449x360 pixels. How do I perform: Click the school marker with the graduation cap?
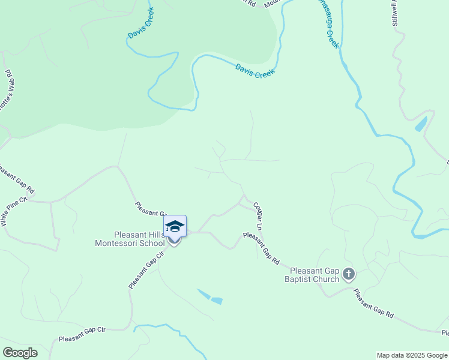[175, 227]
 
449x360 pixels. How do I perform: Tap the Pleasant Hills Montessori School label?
[130, 239]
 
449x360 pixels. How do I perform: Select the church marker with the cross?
[349, 275]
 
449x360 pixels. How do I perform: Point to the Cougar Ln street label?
[258, 216]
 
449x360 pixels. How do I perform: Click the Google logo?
[20, 353]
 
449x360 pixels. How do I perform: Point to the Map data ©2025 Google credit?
[411, 355]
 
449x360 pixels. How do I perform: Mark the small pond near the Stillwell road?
[421, 124]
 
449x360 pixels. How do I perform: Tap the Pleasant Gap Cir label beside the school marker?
[146, 270]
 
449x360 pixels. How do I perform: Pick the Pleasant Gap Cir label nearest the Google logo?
[82, 335]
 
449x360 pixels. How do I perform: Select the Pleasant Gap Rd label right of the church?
[373, 304]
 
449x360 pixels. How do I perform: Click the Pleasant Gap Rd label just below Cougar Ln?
[261, 248]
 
